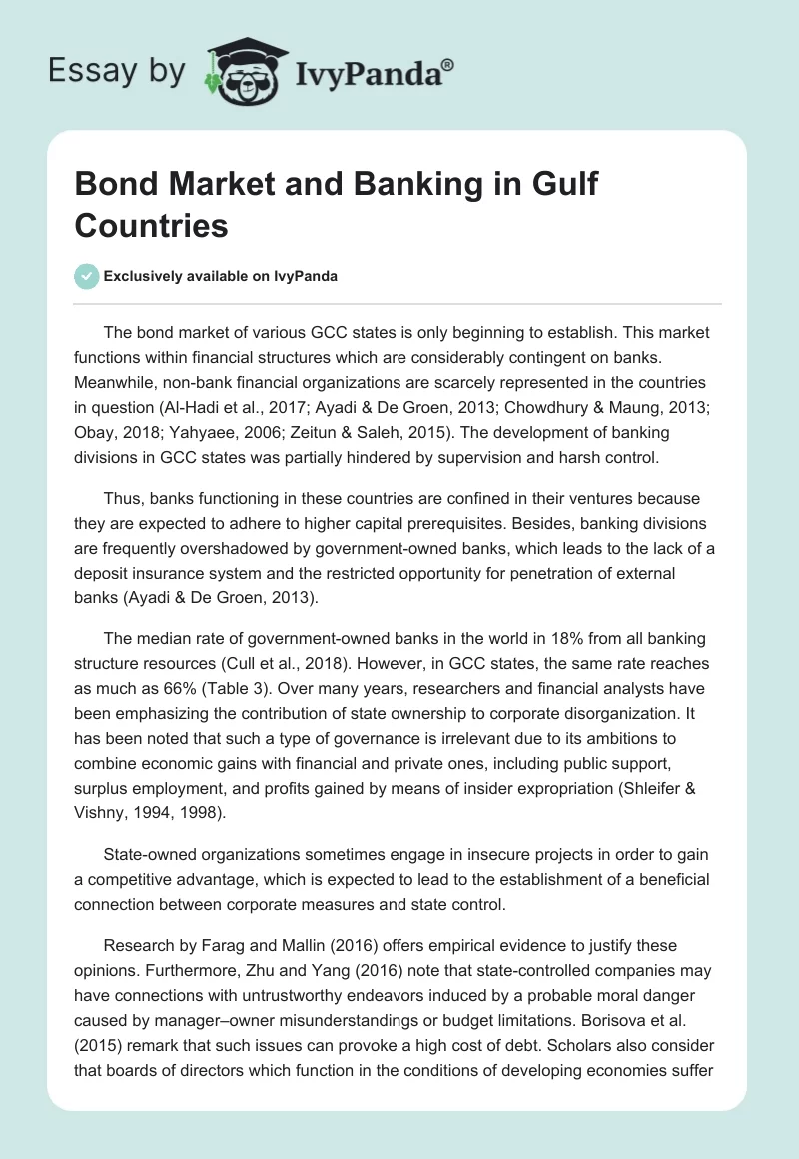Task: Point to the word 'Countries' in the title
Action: pyautogui.click(x=151, y=226)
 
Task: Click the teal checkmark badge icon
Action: pyautogui.click(x=87, y=276)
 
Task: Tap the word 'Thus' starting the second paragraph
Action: pyautogui.click(x=123, y=498)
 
